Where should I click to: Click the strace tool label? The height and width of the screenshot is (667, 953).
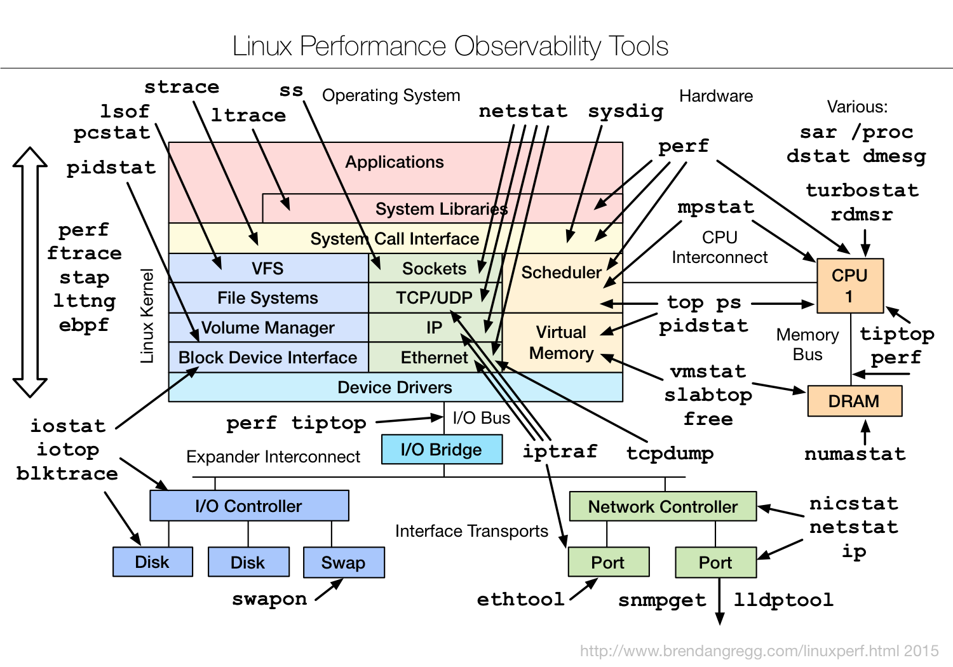click(x=182, y=86)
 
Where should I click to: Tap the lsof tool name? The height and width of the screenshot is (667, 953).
click(x=125, y=111)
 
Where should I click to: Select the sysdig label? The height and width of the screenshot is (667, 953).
click(x=625, y=111)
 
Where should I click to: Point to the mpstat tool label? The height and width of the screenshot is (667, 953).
click(x=715, y=207)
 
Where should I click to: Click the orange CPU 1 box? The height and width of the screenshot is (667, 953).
click(x=849, y=285)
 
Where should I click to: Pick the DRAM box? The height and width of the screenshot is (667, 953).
click(x=854, y=401)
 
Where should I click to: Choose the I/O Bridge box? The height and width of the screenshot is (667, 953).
click(x=441, y=450)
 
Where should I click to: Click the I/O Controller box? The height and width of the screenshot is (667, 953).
click(x=248, y=506)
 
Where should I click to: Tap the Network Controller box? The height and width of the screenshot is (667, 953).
click(x=663, y=507)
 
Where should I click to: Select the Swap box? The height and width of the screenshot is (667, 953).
click(x=343, y=563)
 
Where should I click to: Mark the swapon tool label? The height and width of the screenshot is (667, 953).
click(x=269, y=599)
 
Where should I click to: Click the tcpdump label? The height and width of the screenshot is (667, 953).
click(x=670, y=453)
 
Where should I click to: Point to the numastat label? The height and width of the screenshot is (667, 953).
click(x=855, y=454)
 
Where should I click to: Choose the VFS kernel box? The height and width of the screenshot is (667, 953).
click(x=267, y=269)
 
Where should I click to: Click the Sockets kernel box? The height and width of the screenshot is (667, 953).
click(x=434, y=269)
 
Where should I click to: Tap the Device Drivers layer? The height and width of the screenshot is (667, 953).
click(x=395, y=387)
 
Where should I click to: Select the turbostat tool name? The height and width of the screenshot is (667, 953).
click(x=862, y=190)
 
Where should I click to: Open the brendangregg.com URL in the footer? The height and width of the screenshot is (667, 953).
click(x=759, y=651)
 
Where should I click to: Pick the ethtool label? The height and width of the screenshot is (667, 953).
click(x=520, y=599)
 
